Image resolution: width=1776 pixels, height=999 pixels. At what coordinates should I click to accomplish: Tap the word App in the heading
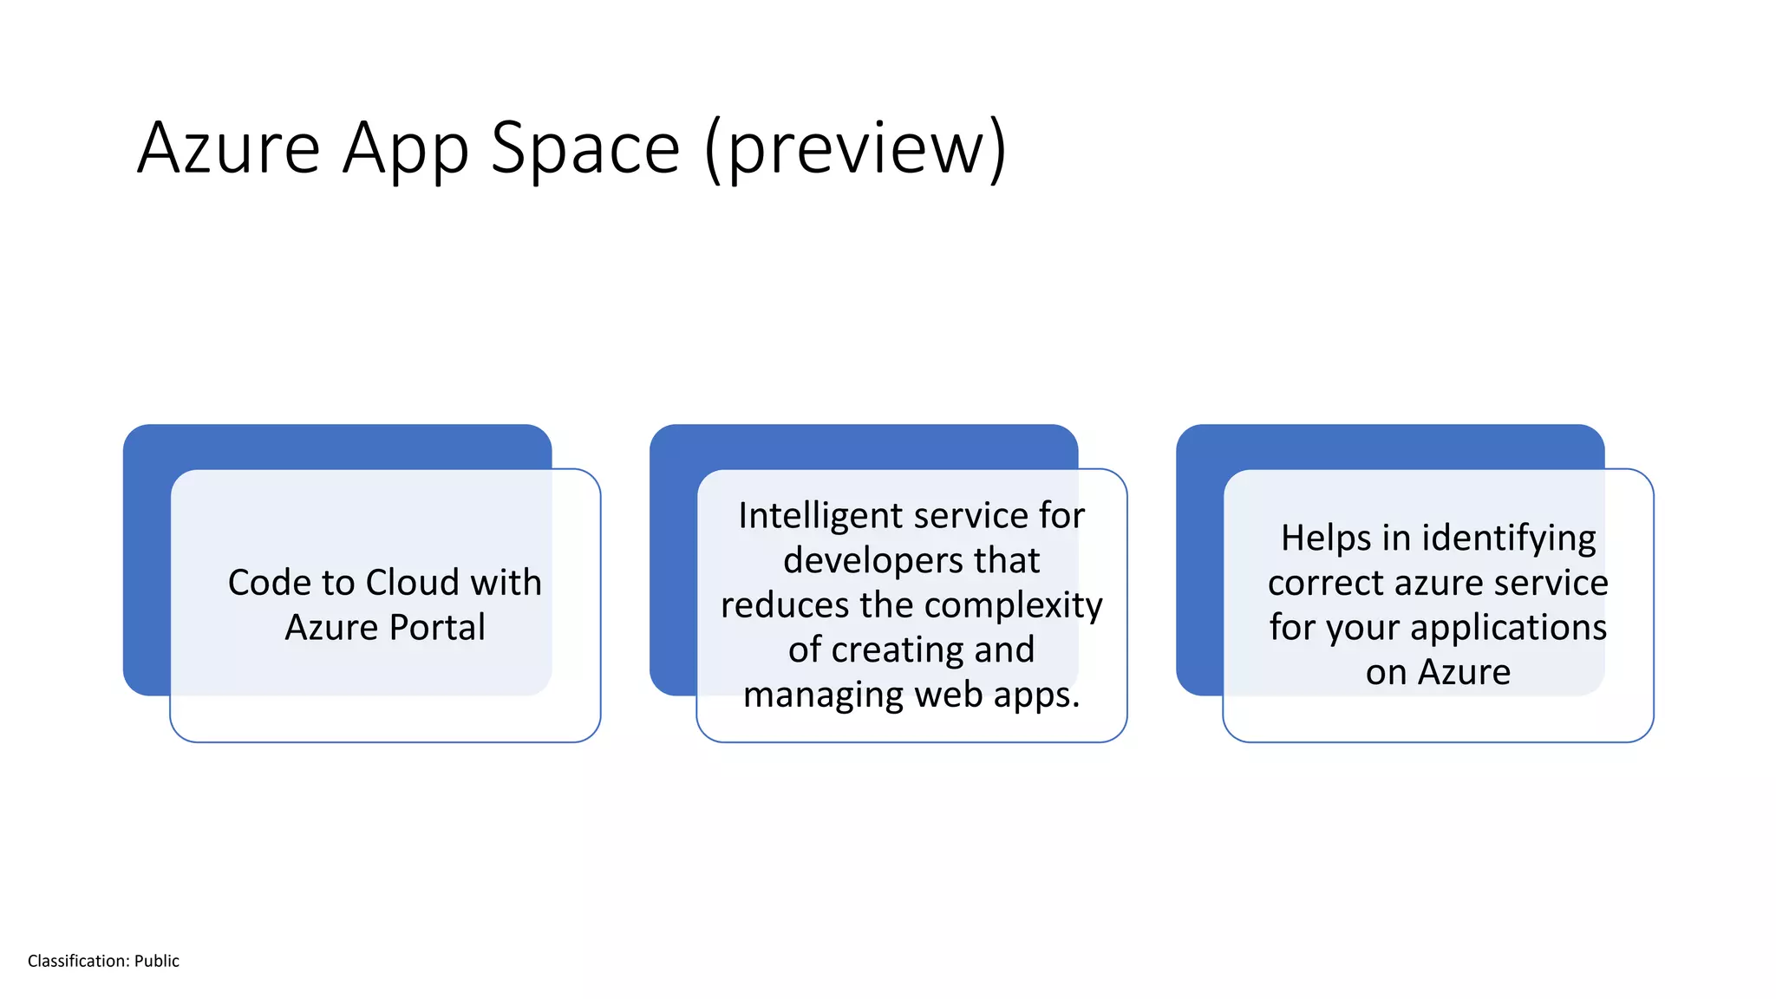coord(405,149)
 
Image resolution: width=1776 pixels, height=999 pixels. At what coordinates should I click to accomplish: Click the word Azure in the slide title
coord(229,149)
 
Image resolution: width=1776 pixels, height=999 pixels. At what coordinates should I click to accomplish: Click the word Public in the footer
coord(156,961)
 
